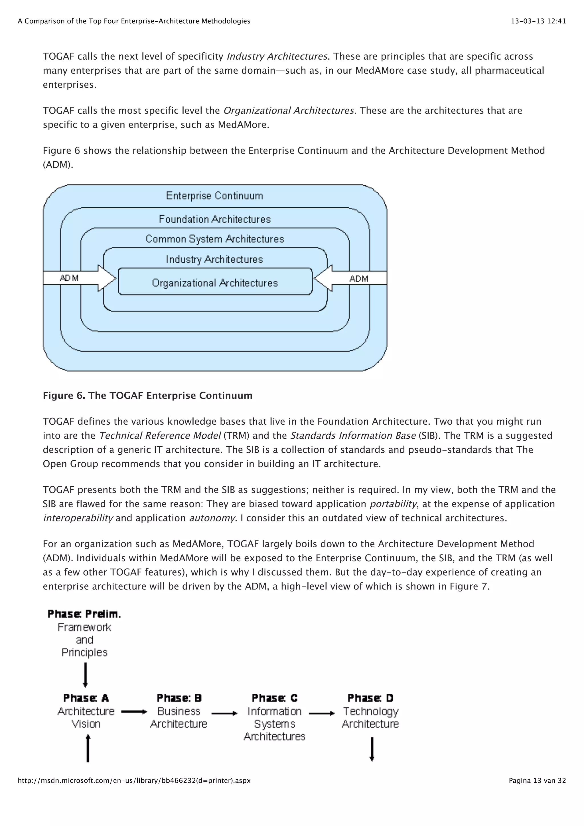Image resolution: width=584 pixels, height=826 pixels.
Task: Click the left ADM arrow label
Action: click(x=69, y=278)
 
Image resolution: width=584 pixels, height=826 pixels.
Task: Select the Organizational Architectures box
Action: click(x=215, y=283)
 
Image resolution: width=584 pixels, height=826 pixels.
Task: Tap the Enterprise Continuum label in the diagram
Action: click(x=214, y=196)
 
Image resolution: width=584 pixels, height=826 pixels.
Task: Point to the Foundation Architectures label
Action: click(x=215, y=219)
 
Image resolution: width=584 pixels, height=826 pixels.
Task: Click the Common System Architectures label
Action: click(x=215, y=239)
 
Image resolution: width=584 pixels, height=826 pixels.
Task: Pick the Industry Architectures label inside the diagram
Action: click(x=214, y=259)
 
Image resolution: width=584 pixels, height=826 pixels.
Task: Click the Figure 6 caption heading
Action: click(x=147, y=395)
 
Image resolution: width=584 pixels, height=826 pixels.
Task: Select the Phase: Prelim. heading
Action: click(x=84, y=614)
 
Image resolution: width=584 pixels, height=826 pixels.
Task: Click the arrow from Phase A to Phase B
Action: click(x=134, y=712)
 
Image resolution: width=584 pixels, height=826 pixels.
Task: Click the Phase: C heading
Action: click(x=274, y=698)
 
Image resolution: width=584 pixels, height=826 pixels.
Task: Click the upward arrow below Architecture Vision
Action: click(x=88, y=749)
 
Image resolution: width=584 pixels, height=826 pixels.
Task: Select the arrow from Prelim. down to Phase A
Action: click(x=85, y=675)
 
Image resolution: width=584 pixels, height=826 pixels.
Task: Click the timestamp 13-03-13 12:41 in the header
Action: click(x=538, y=21)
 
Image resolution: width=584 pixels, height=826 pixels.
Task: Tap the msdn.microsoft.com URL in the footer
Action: click(x=134, y=780)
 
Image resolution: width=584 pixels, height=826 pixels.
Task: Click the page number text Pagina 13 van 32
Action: click(x=537, y=780)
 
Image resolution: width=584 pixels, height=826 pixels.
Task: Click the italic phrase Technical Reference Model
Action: click(x=160, y=436)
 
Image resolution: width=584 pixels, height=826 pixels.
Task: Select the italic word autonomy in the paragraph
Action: click(x=212, y=518)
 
